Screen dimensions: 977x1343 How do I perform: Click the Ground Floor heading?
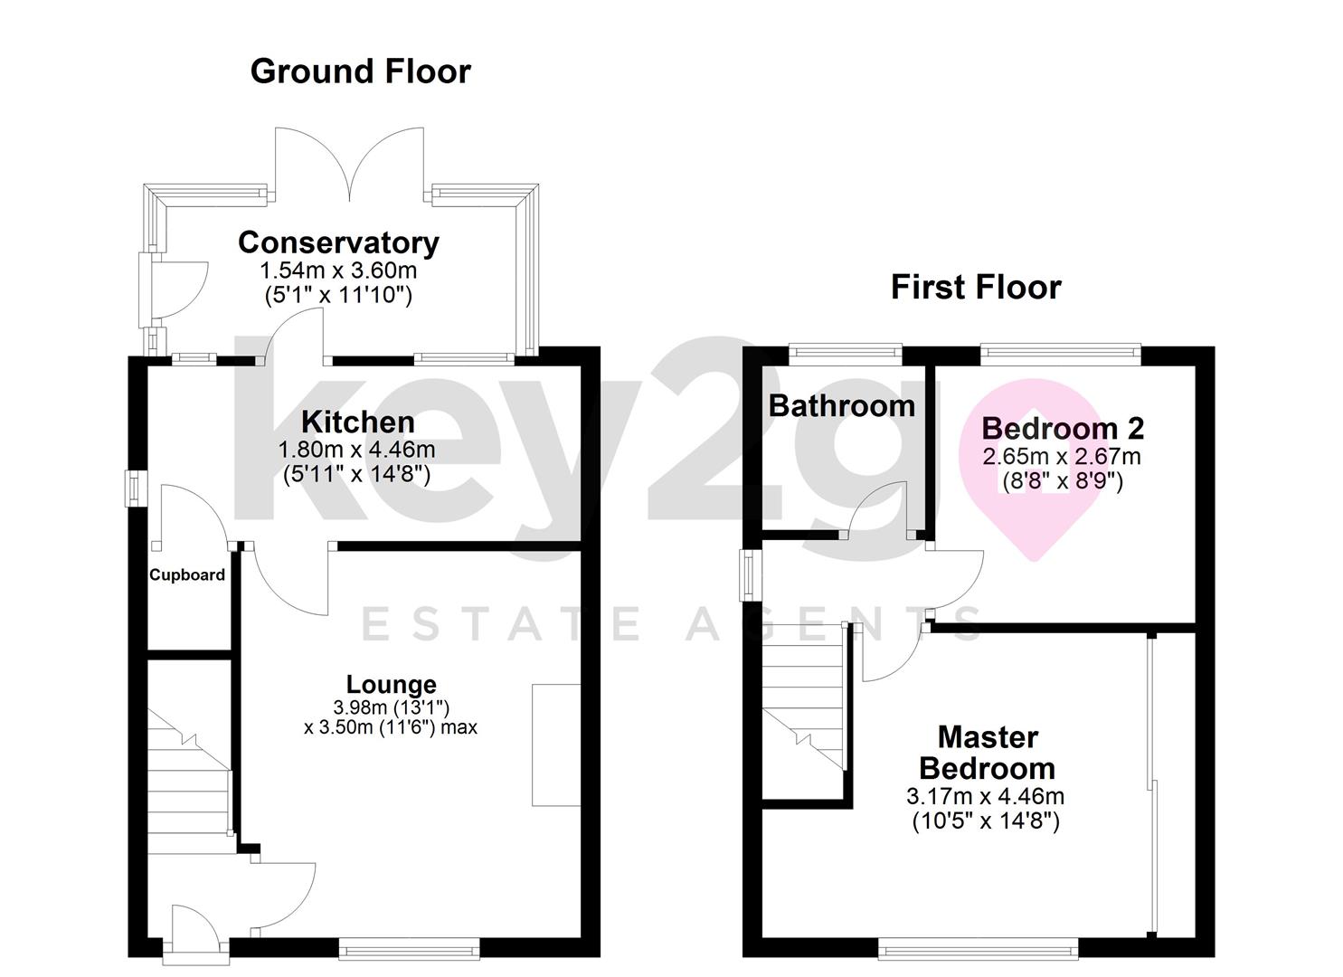click(360, 71)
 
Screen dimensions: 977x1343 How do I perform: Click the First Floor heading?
click(975, 287)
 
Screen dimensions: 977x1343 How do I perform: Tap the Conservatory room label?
click(338, 242)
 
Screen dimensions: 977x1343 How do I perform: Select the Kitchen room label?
click(357, 422)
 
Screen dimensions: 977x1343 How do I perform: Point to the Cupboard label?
click(187, 574)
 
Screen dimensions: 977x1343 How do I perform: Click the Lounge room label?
click(391, 684)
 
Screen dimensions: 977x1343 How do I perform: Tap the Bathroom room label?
click(841, 405)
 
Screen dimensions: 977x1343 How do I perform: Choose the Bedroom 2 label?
click(1062, 427)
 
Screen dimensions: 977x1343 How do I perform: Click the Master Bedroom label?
click(987, 753)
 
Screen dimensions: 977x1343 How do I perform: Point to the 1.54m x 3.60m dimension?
click(338, 270)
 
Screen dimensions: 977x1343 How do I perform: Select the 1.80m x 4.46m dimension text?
click(356, 450)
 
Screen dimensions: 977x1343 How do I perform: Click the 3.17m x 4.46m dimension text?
click(985, 797)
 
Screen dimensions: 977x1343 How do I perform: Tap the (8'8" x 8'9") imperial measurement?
click(1062, 481)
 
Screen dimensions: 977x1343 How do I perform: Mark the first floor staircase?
click(804, 697)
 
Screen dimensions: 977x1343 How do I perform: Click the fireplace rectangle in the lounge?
click(555, 745)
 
